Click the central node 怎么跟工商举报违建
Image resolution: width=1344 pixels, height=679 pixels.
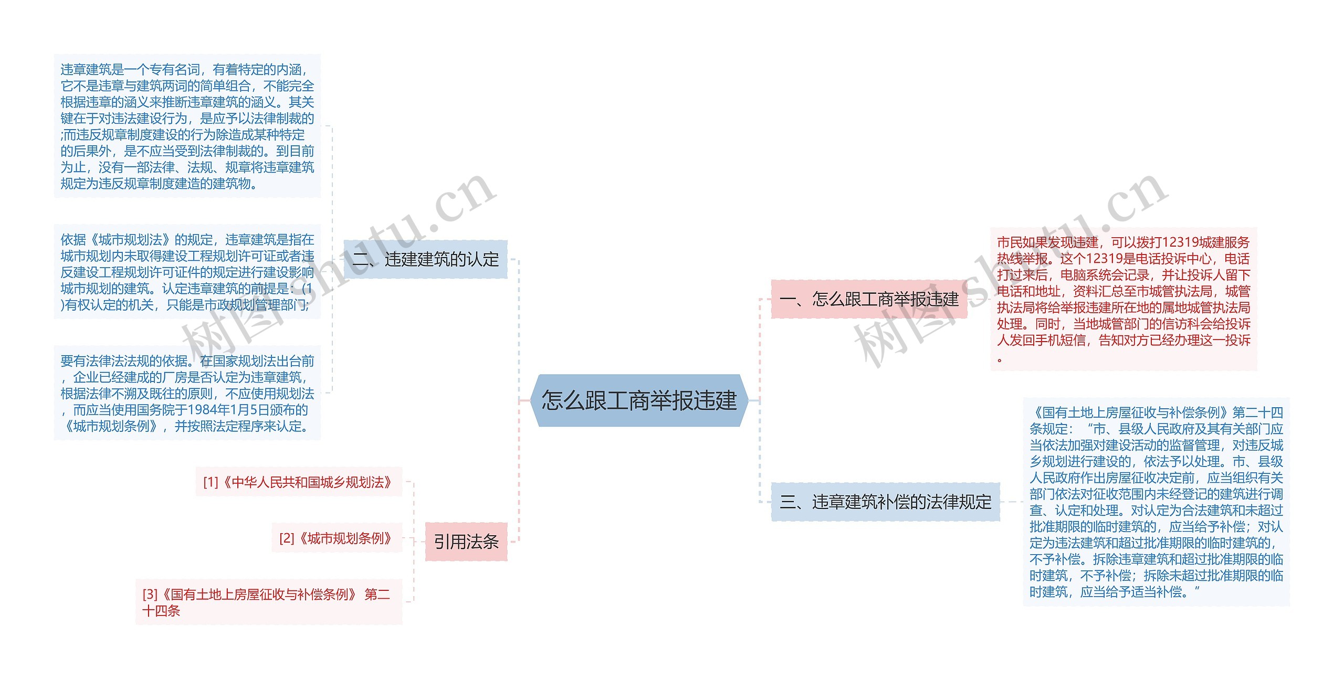coord(639,400)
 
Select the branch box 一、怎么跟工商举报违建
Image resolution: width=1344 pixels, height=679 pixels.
coord(869,299)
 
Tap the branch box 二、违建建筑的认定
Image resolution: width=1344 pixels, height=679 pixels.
coord(426,259)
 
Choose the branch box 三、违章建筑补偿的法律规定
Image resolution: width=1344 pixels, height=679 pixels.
coord(885,502)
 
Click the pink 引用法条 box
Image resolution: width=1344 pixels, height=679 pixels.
coord(466,542)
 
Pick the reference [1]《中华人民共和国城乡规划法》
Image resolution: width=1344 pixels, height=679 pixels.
coord(298,482)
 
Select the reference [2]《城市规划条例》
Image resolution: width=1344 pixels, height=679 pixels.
coord(337,538)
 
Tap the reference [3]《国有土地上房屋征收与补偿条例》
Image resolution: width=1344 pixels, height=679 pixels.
coord(268,602)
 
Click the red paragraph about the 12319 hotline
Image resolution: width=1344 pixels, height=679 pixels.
coord(1123,299)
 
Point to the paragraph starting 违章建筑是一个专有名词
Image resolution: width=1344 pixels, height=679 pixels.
coord(187,126)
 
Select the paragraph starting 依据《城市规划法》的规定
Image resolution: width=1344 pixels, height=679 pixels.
coord(187,272)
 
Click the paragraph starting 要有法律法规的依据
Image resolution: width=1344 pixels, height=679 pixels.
coord(187,393)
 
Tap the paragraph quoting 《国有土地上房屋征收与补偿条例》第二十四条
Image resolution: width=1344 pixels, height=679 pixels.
coord(1156,502)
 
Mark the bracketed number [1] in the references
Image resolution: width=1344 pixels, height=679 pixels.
coord(211,482)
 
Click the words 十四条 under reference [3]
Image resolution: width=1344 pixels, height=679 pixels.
coord(161,611)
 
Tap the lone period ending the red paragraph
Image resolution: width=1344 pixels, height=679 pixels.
coord(1000,360)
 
